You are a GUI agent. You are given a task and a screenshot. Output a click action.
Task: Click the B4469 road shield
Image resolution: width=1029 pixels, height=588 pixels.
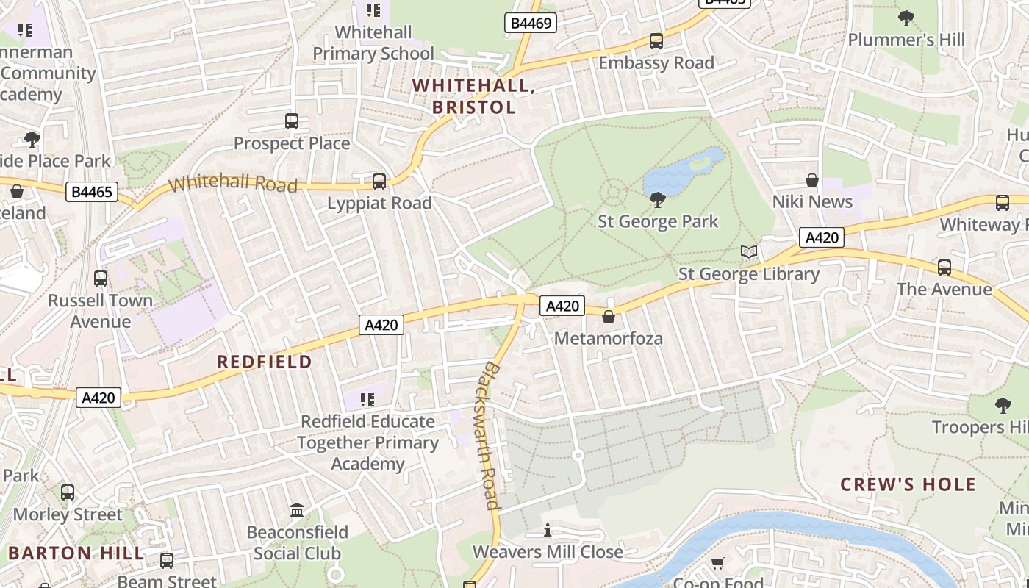[x=530, y=24]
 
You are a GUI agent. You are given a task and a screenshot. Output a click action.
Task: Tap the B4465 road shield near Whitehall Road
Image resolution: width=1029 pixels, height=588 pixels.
[x=92, y=193]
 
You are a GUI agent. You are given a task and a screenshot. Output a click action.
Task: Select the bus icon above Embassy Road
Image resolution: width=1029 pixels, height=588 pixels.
[x=656, y=41]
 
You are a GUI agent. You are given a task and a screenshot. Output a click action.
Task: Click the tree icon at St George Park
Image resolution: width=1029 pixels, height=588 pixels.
[x=658, y=199]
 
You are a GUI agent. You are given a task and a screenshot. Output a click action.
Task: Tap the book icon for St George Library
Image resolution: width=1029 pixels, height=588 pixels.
[x=749, y=252]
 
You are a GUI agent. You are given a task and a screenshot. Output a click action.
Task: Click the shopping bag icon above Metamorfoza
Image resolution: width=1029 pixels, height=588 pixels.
[x=609, y=317]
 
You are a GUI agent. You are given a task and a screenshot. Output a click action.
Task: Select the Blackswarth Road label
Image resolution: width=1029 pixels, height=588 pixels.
[x=490, y=435]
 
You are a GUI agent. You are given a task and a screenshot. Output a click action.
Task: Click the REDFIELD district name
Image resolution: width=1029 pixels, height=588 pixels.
[x=265, y=362]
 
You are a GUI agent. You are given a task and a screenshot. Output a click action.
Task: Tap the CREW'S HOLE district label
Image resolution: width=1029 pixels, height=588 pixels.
[x=908, y=484]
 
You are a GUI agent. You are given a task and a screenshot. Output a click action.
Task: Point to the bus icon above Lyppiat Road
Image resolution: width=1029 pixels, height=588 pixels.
[x=379, y=181]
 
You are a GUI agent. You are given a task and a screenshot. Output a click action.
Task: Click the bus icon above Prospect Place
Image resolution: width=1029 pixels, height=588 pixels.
[x=292, y=121]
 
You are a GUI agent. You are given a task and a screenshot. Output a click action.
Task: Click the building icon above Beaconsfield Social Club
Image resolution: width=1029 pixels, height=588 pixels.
[x=297, y=510]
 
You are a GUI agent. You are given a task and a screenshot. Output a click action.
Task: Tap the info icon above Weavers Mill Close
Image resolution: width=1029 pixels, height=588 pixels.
[x=548, y=530]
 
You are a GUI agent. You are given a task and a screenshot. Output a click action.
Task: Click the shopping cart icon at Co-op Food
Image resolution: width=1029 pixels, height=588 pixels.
[x=718, y=564]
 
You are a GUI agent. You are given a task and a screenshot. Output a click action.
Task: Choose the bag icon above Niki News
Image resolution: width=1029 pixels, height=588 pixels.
[x=812, y=180]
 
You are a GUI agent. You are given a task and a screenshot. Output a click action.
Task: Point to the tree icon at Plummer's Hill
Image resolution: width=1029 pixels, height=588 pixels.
[x=906, y=18]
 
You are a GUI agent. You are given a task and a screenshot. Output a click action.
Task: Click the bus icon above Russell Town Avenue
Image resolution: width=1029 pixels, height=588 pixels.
[x=101, y=279]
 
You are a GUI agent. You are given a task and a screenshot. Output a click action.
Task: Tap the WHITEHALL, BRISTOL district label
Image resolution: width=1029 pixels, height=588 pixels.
[x=473, y=96]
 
